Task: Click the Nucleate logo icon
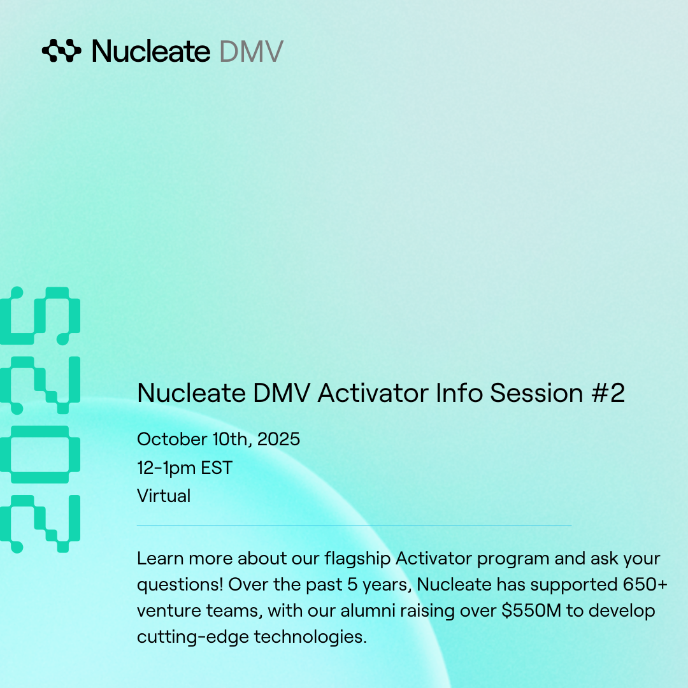click(61, 50)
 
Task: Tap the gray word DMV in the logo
click(252, 52)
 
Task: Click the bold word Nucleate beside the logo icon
click(151, 51)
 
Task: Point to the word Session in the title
click(536, 392)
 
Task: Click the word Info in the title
click(459, 392)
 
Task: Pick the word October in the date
click(172, 439)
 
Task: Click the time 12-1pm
click(166, 468)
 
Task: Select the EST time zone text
click(217, 468)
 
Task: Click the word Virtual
click(164, 496)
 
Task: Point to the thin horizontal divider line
click(354, 525)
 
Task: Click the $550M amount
click(531, 610)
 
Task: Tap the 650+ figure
click(645, 584)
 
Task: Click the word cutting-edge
click(193, 637)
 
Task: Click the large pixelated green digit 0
click(40, 455)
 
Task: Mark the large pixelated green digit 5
click(40, 316)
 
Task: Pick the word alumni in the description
click(368, 610)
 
